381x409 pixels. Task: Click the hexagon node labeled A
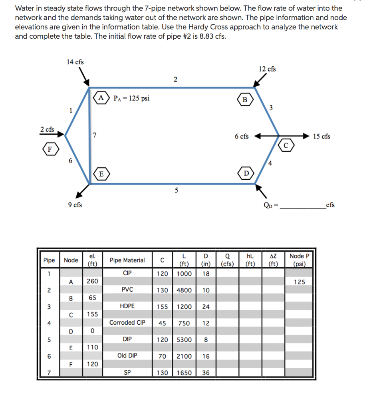tap(101, 97)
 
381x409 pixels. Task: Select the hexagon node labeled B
tap(244, 99)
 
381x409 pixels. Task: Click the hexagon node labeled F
tap(50, 150)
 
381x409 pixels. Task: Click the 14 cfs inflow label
tap(75, 62)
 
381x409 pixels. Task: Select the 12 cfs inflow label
tap(267, 69)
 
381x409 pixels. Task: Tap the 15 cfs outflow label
tap(321, 136)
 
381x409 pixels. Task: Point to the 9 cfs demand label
tap(75, 204)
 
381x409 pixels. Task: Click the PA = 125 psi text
tap(131, 98)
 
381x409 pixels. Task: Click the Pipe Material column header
tap(127, 260)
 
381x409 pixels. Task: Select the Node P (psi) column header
tap(299, 260)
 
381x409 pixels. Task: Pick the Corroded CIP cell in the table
tap(127, 322)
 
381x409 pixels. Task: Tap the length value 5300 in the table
tap(184, 340)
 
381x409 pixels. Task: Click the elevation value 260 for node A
tap(92, 281)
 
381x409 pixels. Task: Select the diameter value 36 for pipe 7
tap(206, 373)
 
